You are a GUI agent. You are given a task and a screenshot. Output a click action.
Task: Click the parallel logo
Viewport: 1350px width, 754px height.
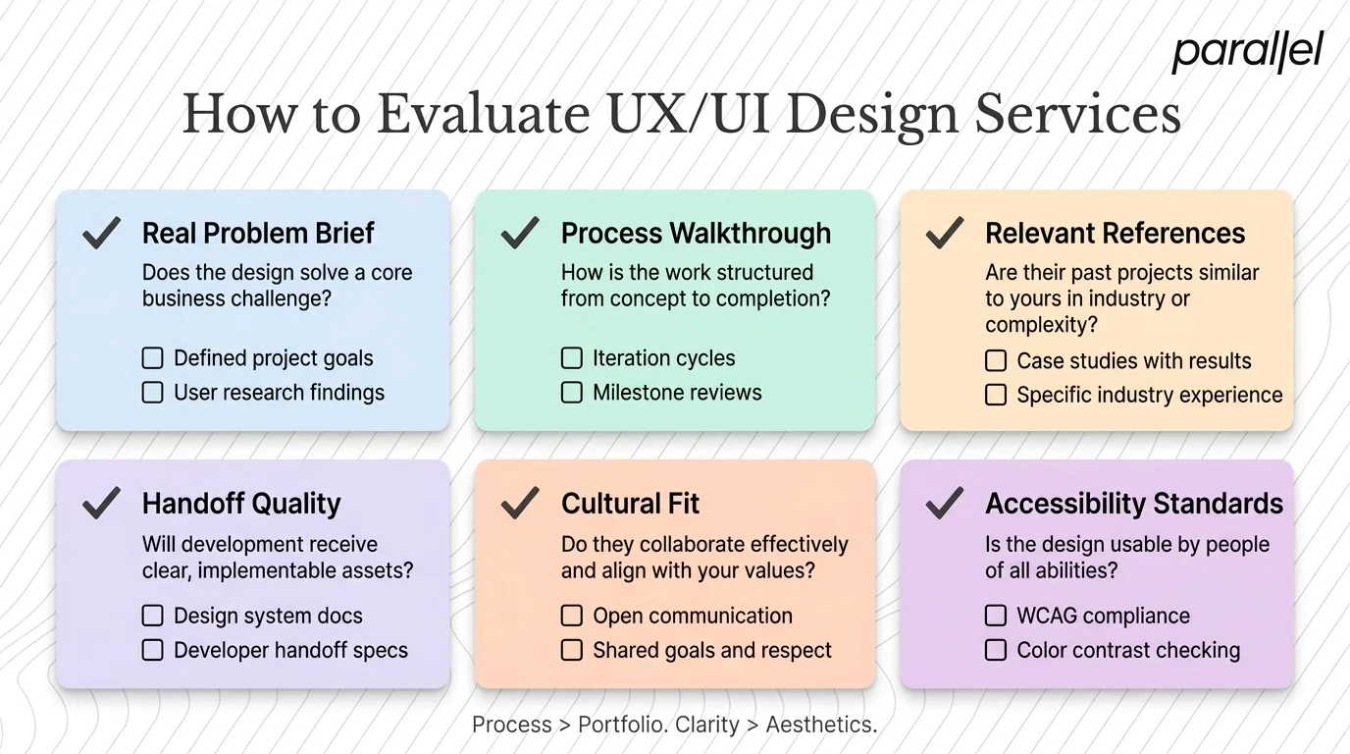pos(1247,52)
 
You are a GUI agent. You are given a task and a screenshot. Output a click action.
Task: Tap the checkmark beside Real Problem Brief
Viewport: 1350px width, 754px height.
pos(101,233)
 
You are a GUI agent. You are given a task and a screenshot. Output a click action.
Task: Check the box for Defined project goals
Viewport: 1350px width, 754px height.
pos(153,358)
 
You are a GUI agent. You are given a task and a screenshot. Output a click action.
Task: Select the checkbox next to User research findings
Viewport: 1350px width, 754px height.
pos(153,393)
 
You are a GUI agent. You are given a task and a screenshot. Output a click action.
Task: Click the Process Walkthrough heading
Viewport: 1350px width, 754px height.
pos(695,234)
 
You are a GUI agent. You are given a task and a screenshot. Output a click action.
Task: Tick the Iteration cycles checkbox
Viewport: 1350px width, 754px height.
pos(572,358)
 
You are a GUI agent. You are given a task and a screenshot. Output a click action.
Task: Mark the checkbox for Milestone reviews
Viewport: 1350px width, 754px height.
pos(572,393)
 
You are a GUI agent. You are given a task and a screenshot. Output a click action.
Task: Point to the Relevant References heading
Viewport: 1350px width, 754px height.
pos(1115,234)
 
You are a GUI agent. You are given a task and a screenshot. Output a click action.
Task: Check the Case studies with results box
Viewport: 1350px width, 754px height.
pos(996,361)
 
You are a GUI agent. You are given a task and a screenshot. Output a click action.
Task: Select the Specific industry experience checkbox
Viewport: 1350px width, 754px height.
pos(996,395)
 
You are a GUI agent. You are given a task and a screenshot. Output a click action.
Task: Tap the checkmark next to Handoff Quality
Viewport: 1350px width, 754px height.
pos(101,503)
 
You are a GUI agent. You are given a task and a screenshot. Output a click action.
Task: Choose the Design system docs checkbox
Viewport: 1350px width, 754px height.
pos(153,616)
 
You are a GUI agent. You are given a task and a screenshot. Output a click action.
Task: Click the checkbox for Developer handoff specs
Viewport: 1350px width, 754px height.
pos(153,650)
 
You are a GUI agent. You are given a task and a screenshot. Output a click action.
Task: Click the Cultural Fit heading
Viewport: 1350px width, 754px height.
pos(630,504)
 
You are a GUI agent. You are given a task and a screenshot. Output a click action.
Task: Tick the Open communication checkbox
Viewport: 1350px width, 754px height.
pos(572,616)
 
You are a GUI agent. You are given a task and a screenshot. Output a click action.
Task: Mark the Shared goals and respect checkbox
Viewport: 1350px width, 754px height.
pos(572,650)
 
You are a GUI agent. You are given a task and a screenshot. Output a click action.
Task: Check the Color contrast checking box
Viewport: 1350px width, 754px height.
pos(996,650)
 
